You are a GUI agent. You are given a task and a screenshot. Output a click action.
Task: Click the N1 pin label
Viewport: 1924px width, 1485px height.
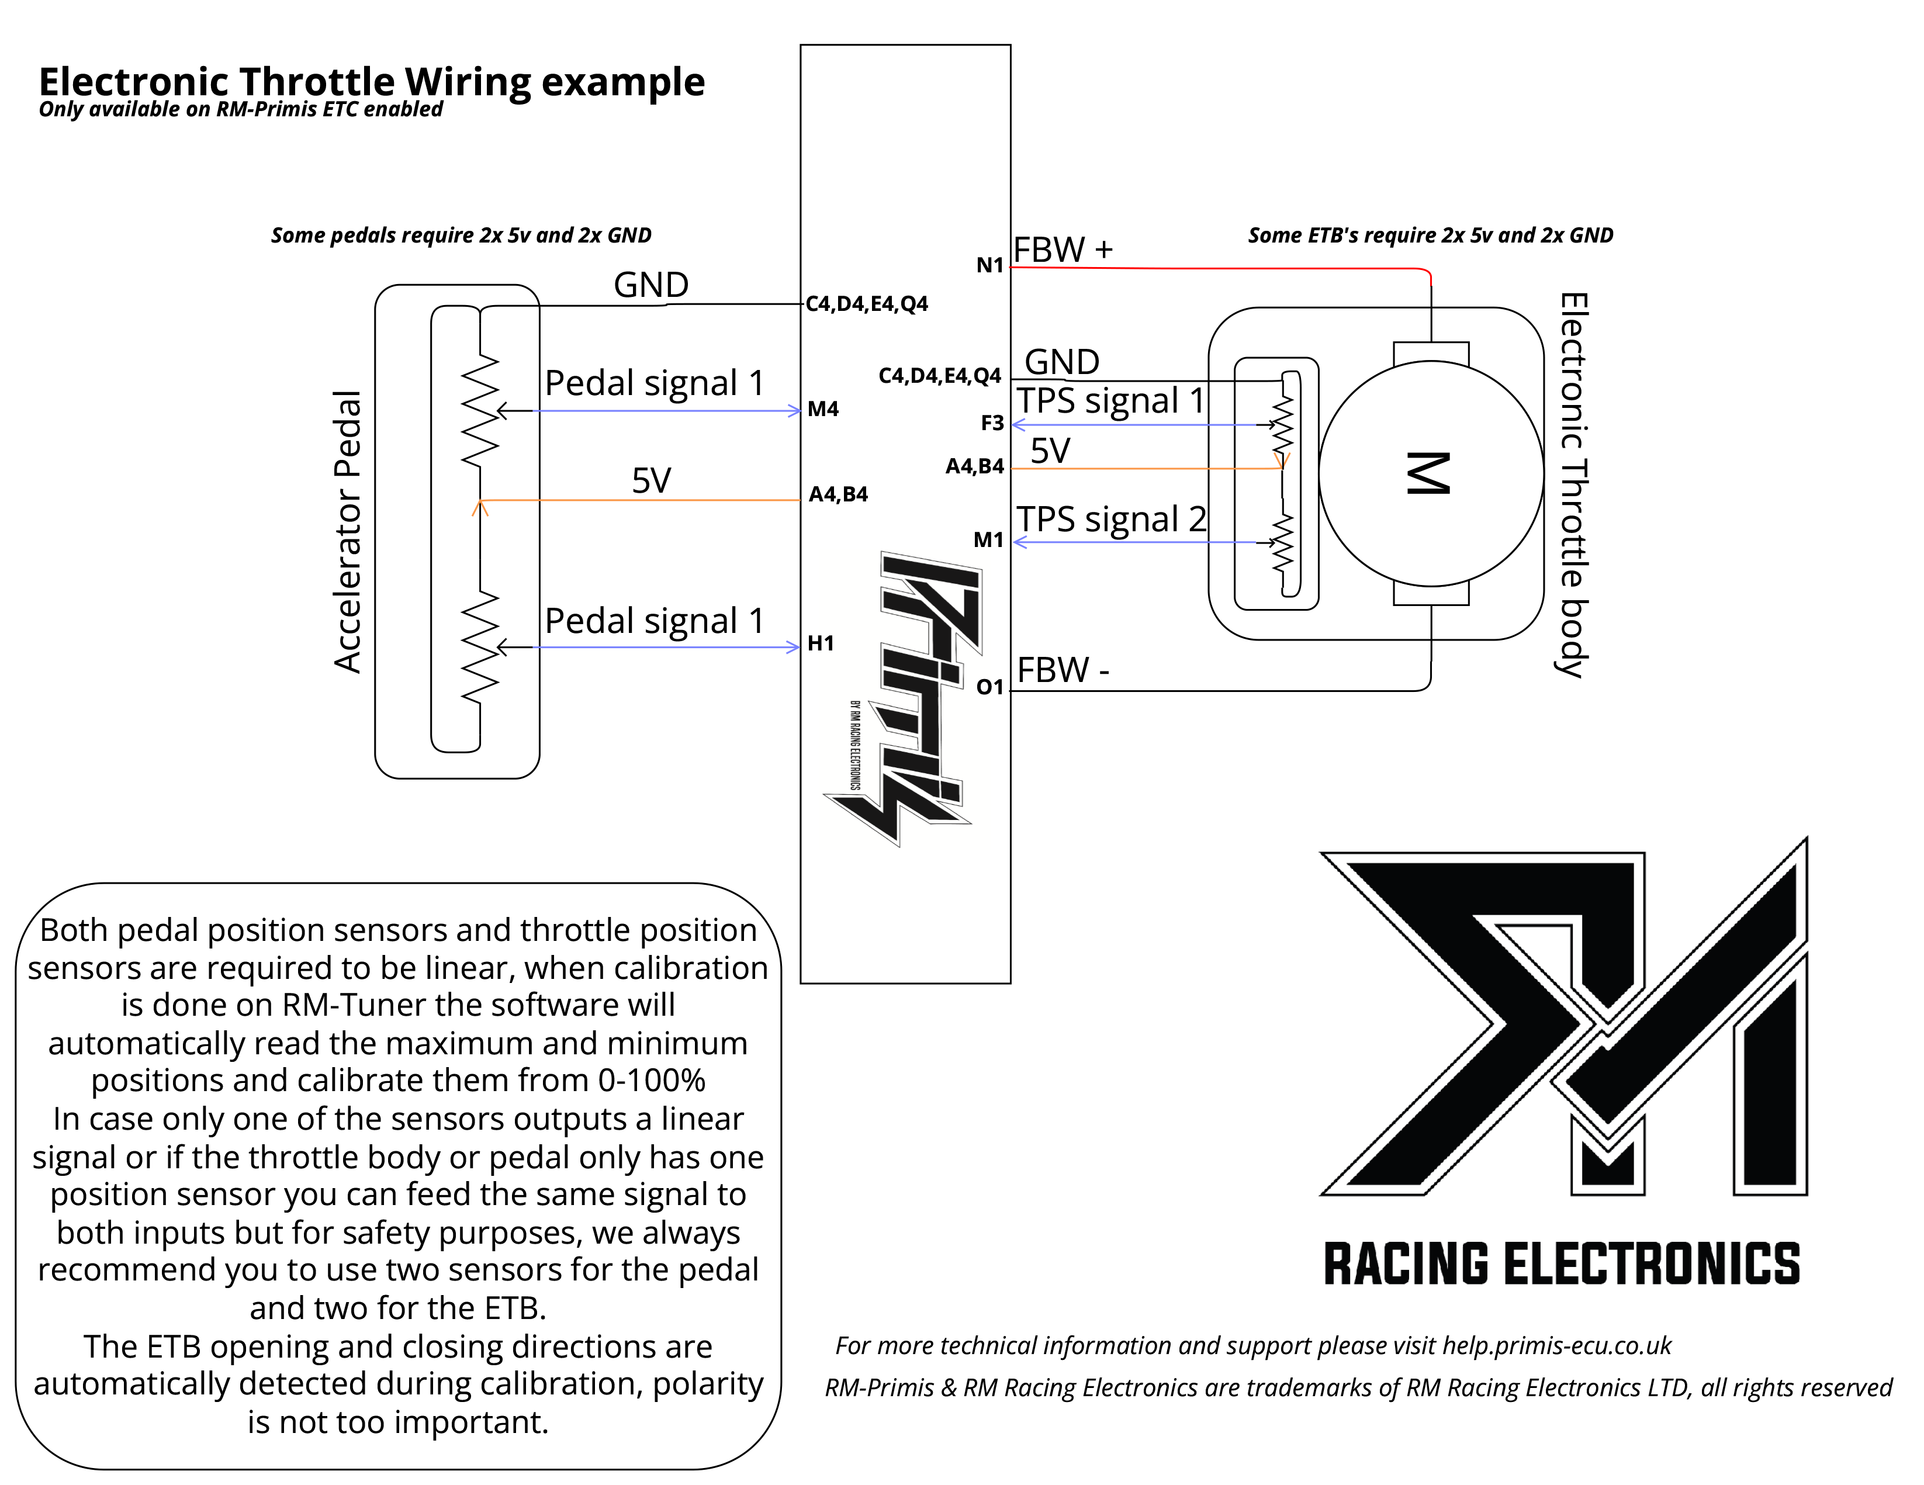tap(989, 265)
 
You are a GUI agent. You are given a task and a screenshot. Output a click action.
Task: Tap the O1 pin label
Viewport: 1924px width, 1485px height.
tap(989, 687)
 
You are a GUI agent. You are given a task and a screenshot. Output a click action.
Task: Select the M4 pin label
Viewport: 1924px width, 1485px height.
tap(823, 409)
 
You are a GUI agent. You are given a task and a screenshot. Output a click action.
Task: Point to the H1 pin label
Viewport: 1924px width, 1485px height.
tap(820, 644)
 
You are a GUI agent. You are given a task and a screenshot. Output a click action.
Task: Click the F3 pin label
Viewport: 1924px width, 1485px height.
tap(992, 424)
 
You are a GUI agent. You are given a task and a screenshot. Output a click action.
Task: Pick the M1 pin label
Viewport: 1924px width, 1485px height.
tap(988, 540)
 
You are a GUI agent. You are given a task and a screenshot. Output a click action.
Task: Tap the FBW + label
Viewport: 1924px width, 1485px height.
tap(1063, 250)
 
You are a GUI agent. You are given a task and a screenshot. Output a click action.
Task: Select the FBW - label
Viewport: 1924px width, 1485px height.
tap(1063, 670)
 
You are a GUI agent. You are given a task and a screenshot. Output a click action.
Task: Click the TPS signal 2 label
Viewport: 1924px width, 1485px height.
tap(1111, 520)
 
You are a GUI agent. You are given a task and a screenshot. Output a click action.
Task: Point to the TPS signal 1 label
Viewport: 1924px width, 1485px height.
tap(1110, 401)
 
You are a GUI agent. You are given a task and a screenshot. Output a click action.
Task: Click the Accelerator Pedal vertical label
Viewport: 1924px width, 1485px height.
tap(348, 532)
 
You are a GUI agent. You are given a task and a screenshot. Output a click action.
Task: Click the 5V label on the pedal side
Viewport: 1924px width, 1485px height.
tap(651, 481)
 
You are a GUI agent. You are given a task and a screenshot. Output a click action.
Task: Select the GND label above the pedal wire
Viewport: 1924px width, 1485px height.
tap(651, 285)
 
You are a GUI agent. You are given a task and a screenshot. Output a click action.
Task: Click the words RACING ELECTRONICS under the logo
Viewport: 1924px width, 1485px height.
tap(1561, 1265)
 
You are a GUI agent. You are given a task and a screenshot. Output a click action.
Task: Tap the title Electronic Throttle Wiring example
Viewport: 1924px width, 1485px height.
tap(372, 82)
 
